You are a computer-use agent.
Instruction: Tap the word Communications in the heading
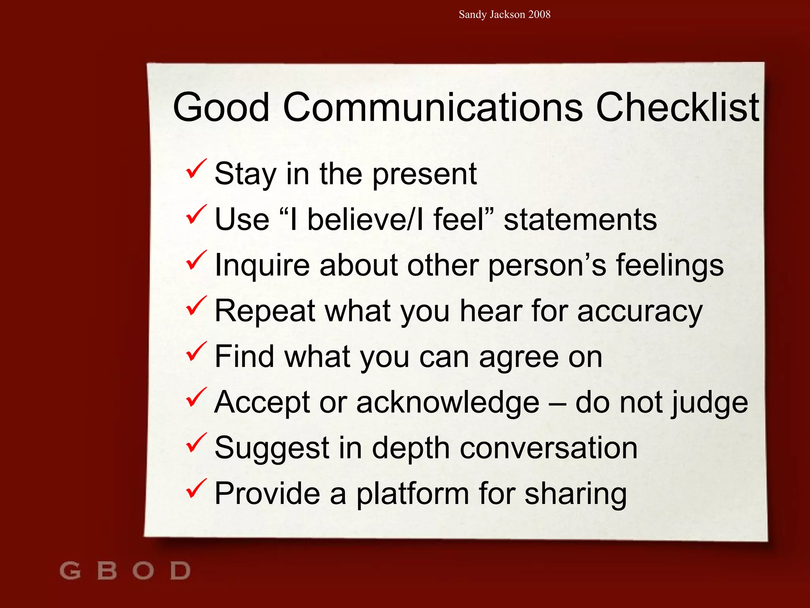[x=433, y=107]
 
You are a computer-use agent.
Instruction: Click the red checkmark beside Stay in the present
[x=196, y=169]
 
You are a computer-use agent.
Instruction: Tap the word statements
[x=580, y=220]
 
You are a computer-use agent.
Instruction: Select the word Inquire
[x=262, y=266]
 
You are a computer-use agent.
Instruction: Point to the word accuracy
[x=640, y=312]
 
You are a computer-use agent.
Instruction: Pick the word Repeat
[x=265, y=312]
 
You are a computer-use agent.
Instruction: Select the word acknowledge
[x=448, y=403]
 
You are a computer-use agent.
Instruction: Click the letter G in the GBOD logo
[x=70, y=571]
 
